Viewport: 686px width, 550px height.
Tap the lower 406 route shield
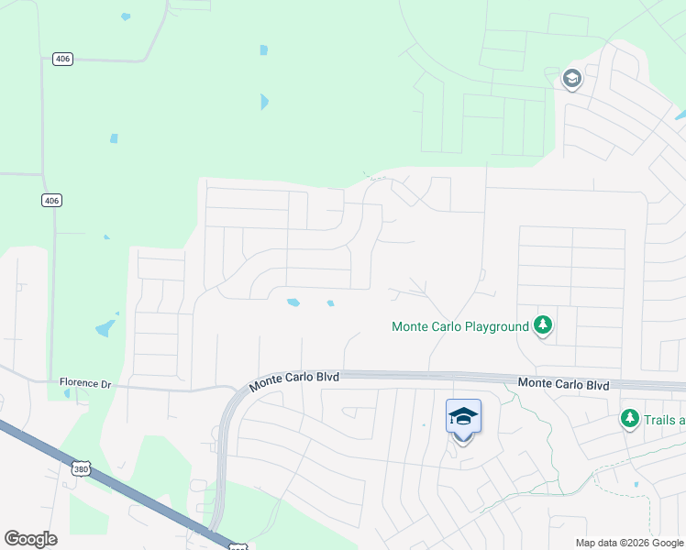point(51,200)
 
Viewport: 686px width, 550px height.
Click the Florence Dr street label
point(83,382)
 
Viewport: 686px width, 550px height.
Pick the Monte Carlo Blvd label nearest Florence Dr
point(294,378)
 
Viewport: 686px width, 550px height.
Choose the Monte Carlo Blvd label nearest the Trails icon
point(563,384)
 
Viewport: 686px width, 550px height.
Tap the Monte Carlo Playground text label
point(460,326)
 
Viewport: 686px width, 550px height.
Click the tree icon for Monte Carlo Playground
point(543,324)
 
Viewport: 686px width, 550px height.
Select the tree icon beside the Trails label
point(630,419)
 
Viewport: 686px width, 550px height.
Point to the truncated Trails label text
point(665,421)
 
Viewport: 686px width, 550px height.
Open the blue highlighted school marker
point(463,417)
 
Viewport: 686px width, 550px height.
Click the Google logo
point(30,539)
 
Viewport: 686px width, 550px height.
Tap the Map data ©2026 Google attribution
point(629,543)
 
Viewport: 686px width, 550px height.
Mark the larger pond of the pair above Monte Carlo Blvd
point(293,302)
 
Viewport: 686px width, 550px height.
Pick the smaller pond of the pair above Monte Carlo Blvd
point(329,303)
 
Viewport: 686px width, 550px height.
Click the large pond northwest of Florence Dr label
point(105,327)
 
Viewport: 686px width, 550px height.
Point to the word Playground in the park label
point(496,326)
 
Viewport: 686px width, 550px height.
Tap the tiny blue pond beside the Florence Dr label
point(66,394)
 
